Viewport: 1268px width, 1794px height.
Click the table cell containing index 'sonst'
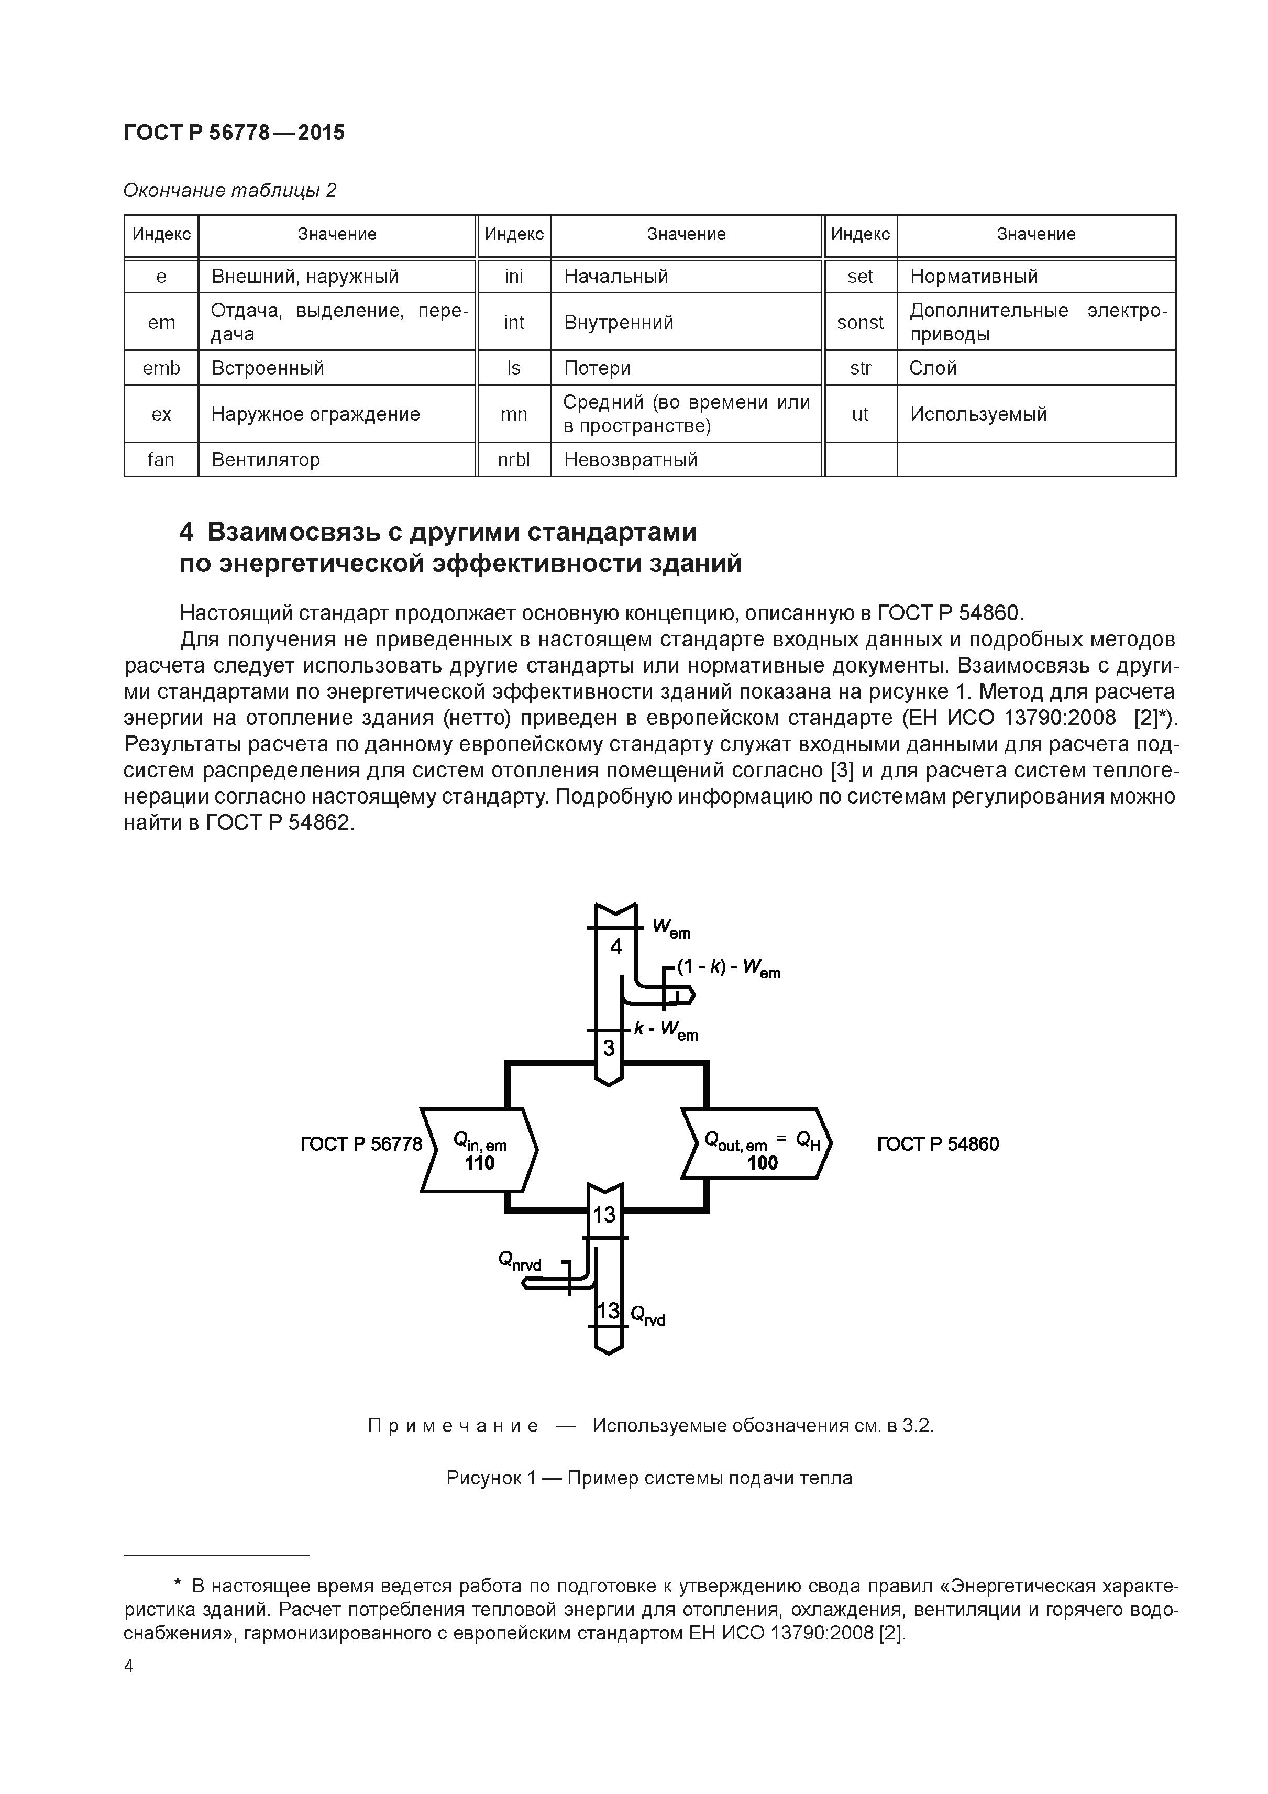point(859,322)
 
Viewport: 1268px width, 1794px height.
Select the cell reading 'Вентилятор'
point(266,459)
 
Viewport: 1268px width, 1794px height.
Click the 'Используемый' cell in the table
point(978,414)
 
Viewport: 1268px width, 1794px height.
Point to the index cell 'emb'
point(161,368)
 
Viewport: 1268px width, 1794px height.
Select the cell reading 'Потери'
point(597,368)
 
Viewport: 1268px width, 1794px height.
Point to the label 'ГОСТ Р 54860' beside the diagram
point(938,1144)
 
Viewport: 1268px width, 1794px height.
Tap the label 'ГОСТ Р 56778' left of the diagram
point(361,1144)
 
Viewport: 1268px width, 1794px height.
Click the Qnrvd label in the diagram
point(520,1260)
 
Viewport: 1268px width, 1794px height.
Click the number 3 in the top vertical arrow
point(609,1048)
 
